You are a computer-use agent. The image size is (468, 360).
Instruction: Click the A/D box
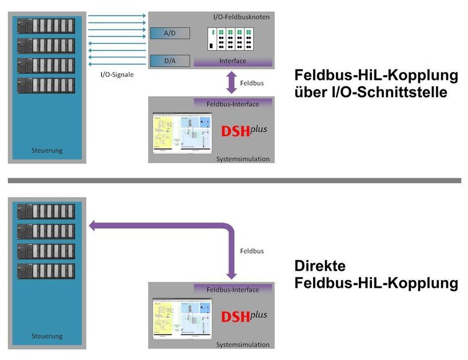pyautogui.click(x=170, y=34)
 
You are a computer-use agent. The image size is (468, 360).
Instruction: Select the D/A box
pyautogui.click(x=170, y=61)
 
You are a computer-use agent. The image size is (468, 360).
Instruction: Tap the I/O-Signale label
pyautogui.click(x=117, y=75)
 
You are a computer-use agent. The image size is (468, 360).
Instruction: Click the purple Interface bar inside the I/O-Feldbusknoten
pyautogui.click(x=233, y=61)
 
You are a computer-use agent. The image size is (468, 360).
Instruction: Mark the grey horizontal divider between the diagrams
pyautogui.click(x=234, y=180)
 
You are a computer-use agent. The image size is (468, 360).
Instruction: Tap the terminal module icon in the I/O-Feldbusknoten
pyautogui.click(x=230, y=40)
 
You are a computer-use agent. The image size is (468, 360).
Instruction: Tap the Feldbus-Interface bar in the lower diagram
pyautogui.click(x=233, y=290)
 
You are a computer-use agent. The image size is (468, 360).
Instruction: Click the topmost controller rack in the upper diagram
pyautogui.click(x=47, y=26)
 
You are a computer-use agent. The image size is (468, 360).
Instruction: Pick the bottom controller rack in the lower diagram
pyautogui.click(x=47, y=271)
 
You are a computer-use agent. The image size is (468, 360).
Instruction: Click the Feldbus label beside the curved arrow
pyautogui.click(x=251, y=251)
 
